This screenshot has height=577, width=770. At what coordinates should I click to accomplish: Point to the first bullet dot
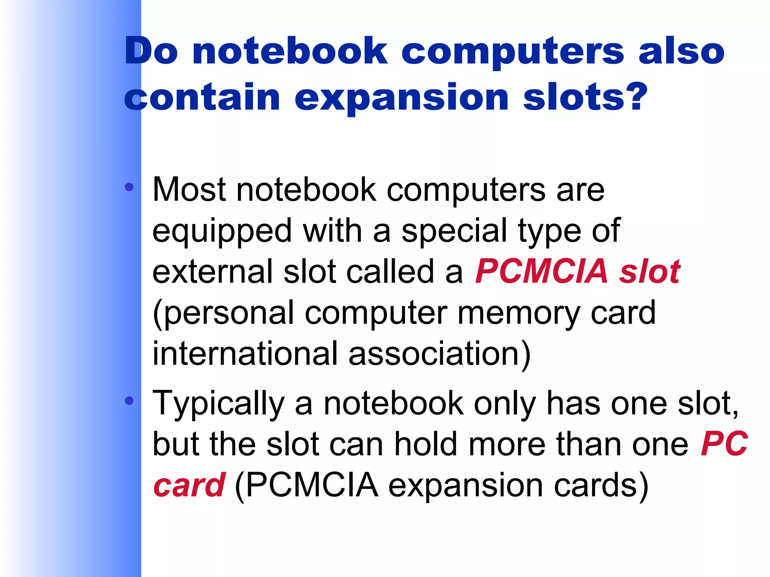point(129,187)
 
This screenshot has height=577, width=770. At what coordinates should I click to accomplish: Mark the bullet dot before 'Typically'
point(129,401)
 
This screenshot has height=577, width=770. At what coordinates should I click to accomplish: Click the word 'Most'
point(189,190)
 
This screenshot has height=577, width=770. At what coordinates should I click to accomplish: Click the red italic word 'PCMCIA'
point(541,271)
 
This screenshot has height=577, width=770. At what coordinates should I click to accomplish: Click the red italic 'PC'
point(724,444)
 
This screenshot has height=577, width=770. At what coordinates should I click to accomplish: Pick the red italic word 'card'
point(189,485)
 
